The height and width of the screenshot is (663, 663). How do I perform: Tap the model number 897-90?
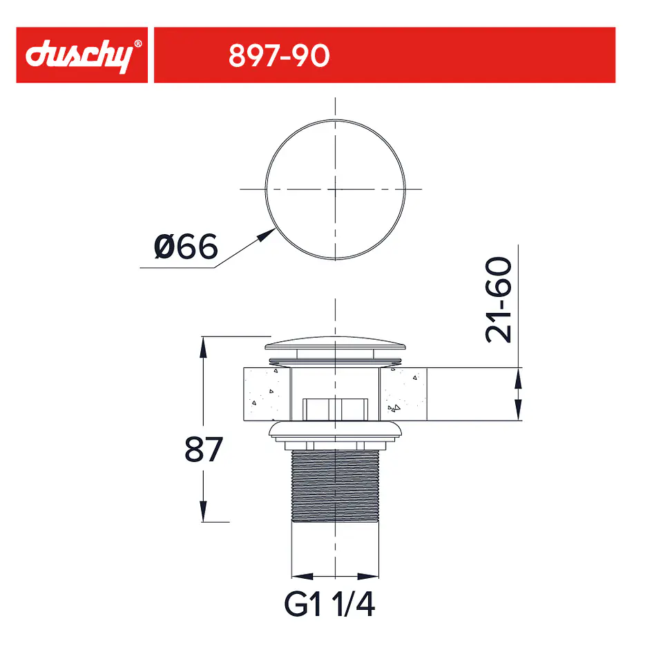click(279, 55)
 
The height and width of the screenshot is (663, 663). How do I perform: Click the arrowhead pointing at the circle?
click(267, 235)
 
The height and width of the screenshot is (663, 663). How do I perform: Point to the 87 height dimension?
click(203, 449)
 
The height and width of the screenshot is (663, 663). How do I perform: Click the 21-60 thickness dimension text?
click(498, 299)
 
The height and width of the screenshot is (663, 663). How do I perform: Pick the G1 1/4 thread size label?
click(329, 604)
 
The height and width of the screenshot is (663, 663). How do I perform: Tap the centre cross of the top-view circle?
click(336, 189)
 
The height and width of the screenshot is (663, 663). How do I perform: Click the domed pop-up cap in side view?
click(336, 343)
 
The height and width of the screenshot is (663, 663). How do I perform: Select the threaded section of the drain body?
click(336, 486)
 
